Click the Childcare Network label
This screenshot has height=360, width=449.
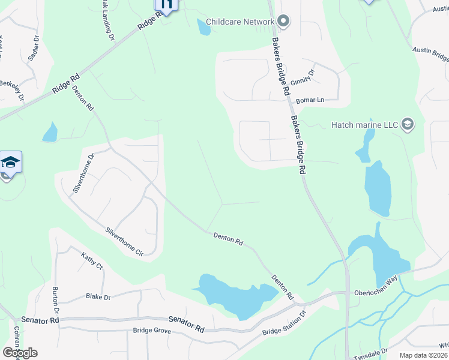[x=240, y=22]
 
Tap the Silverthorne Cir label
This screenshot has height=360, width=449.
[x=125, y=242]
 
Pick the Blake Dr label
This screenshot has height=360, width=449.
[x=98, y=296]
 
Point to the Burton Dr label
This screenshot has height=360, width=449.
[x=55, y=300]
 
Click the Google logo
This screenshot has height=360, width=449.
[x=20, y=352]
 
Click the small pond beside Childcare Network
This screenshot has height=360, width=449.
[x=203, y=27]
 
